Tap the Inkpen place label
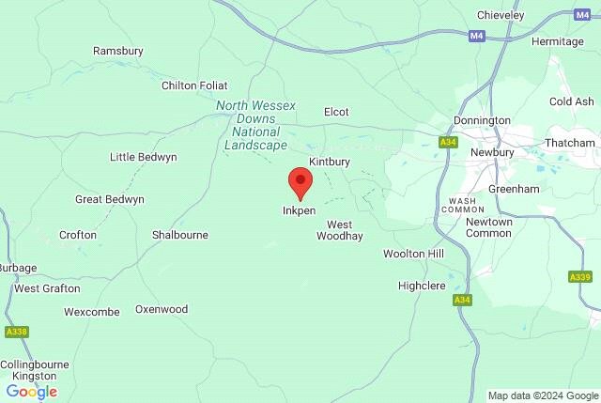coord(300,210)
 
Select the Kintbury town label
coord(329,162)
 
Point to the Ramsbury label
coord(117,51)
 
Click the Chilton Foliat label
coord(194,85)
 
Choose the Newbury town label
coord(493,151)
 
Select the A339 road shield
coord(579,277)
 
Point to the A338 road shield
coord(16,332)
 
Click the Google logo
coord(31,392)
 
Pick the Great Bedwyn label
coord(110,199)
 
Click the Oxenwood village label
coord(162,309)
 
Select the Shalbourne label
coord(180,235)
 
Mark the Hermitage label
coord(558,41)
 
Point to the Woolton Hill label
coord(413,255)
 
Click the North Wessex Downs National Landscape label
coord(256,125)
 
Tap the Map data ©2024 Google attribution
coord(543,395)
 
